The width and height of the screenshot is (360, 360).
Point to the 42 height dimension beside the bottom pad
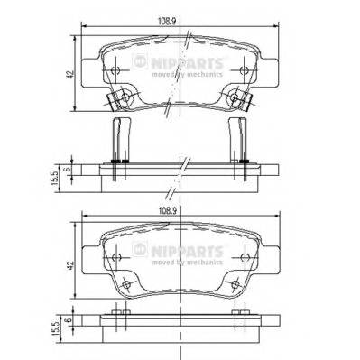click(x=69, y=268)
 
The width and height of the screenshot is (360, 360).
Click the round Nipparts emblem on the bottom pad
click(x=139, y=249)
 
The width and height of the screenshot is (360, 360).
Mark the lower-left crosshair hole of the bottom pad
click(x=125, y=284)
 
